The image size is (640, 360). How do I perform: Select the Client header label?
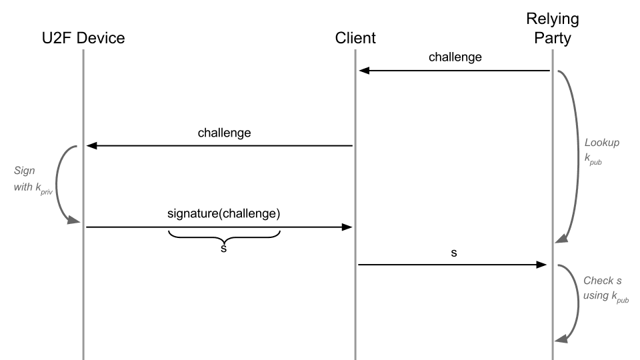tap(355, 38)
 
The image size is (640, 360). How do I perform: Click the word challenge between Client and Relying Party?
tap(455, 57)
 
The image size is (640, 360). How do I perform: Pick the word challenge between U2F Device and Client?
tap(224, 132)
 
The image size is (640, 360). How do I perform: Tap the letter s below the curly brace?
tap(224, 249)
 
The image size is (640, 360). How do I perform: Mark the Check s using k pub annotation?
tap(605, 287)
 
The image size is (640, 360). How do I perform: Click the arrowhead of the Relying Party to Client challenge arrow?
tap(364, 70)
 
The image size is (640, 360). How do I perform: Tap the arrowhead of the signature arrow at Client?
tap(347, 227)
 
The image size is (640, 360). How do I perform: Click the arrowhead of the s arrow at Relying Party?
tap(542, 265)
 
